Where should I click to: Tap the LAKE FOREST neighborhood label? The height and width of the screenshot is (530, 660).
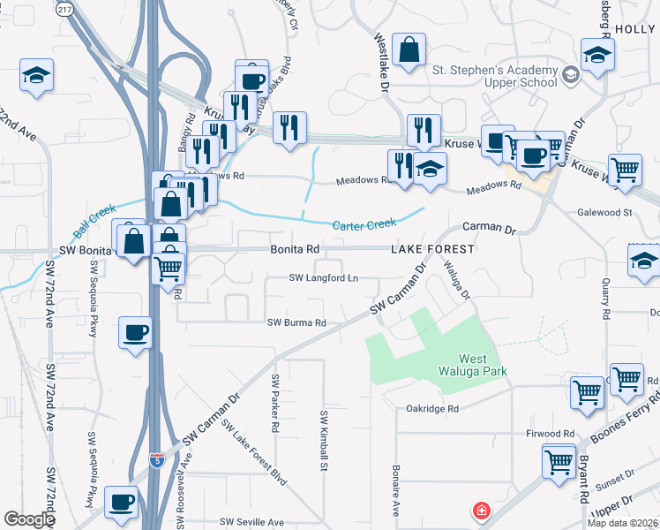[x=433, y=250]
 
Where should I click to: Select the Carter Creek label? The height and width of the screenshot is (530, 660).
[x=362, y=225]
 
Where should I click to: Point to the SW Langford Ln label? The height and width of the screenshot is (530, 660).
[x=324, y=278]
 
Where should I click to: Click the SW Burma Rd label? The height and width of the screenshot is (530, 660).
[x=297, y=322]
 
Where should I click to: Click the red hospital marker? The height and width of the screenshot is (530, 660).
[x=481, y=511]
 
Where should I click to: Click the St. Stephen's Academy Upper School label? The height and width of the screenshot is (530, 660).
[x=494, y=76]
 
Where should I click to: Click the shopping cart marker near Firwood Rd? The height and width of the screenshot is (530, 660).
[x=558, y=461]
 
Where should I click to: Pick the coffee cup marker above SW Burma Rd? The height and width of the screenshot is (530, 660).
[x=135, y=332]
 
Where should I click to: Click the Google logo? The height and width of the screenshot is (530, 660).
[x=29, y=520]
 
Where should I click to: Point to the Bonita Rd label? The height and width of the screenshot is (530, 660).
[x=294, y=250]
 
